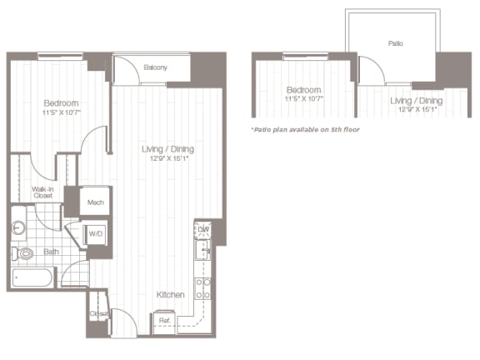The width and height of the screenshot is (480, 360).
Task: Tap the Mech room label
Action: pyautogui.click(x=95, y=202)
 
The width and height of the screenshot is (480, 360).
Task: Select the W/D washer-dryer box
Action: pyautogui.click(x=95, y=233)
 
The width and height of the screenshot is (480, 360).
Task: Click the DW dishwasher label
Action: pyautogui.click(x=202, y=229)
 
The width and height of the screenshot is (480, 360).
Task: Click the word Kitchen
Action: pyautogui.click(x=169, y=295)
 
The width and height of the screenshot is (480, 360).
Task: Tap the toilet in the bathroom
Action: pyautogui.click(x=22, y=253)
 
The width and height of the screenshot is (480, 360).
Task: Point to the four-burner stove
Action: pyautogui.click(x=202, y=287)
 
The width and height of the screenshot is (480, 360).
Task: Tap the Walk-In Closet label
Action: pyautogui.click(x=43, y=192)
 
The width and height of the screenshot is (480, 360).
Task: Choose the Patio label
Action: pyautogui.click(x=395, y=42)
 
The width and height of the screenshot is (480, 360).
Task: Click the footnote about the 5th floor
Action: pyautogui.click(x=305, y=130)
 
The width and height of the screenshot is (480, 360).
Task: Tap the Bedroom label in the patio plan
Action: pyautogui.click(x=303, y=89)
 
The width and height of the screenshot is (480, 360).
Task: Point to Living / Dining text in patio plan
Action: pyautogui.click(x=416, y=100)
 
